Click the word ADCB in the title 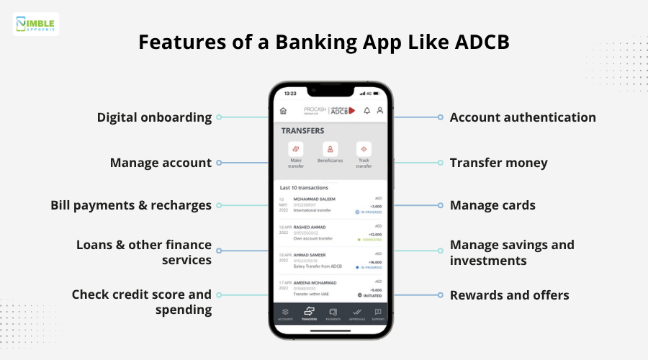tap(482, 41)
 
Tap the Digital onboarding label tap(154, 117)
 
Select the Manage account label tap(161, 163)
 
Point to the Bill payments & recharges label tap(131, 205)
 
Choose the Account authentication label tap(523, 117)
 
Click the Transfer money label tap(498, 163)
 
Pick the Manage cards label tap(492, 205)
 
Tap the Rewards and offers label tap(509, 295)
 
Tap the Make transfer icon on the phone tap(296, 149)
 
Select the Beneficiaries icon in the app tap(330, 149)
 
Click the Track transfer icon tap(364, 149)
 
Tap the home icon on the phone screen tap(283, 111)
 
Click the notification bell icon tap(366, 111)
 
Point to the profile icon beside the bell tap(379, 111)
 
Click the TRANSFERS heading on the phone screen tap(302, 131)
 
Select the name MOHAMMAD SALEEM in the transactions tap(314, 199)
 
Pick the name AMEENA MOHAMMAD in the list tap(315, 282)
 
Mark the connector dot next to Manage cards tap(440, 205)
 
